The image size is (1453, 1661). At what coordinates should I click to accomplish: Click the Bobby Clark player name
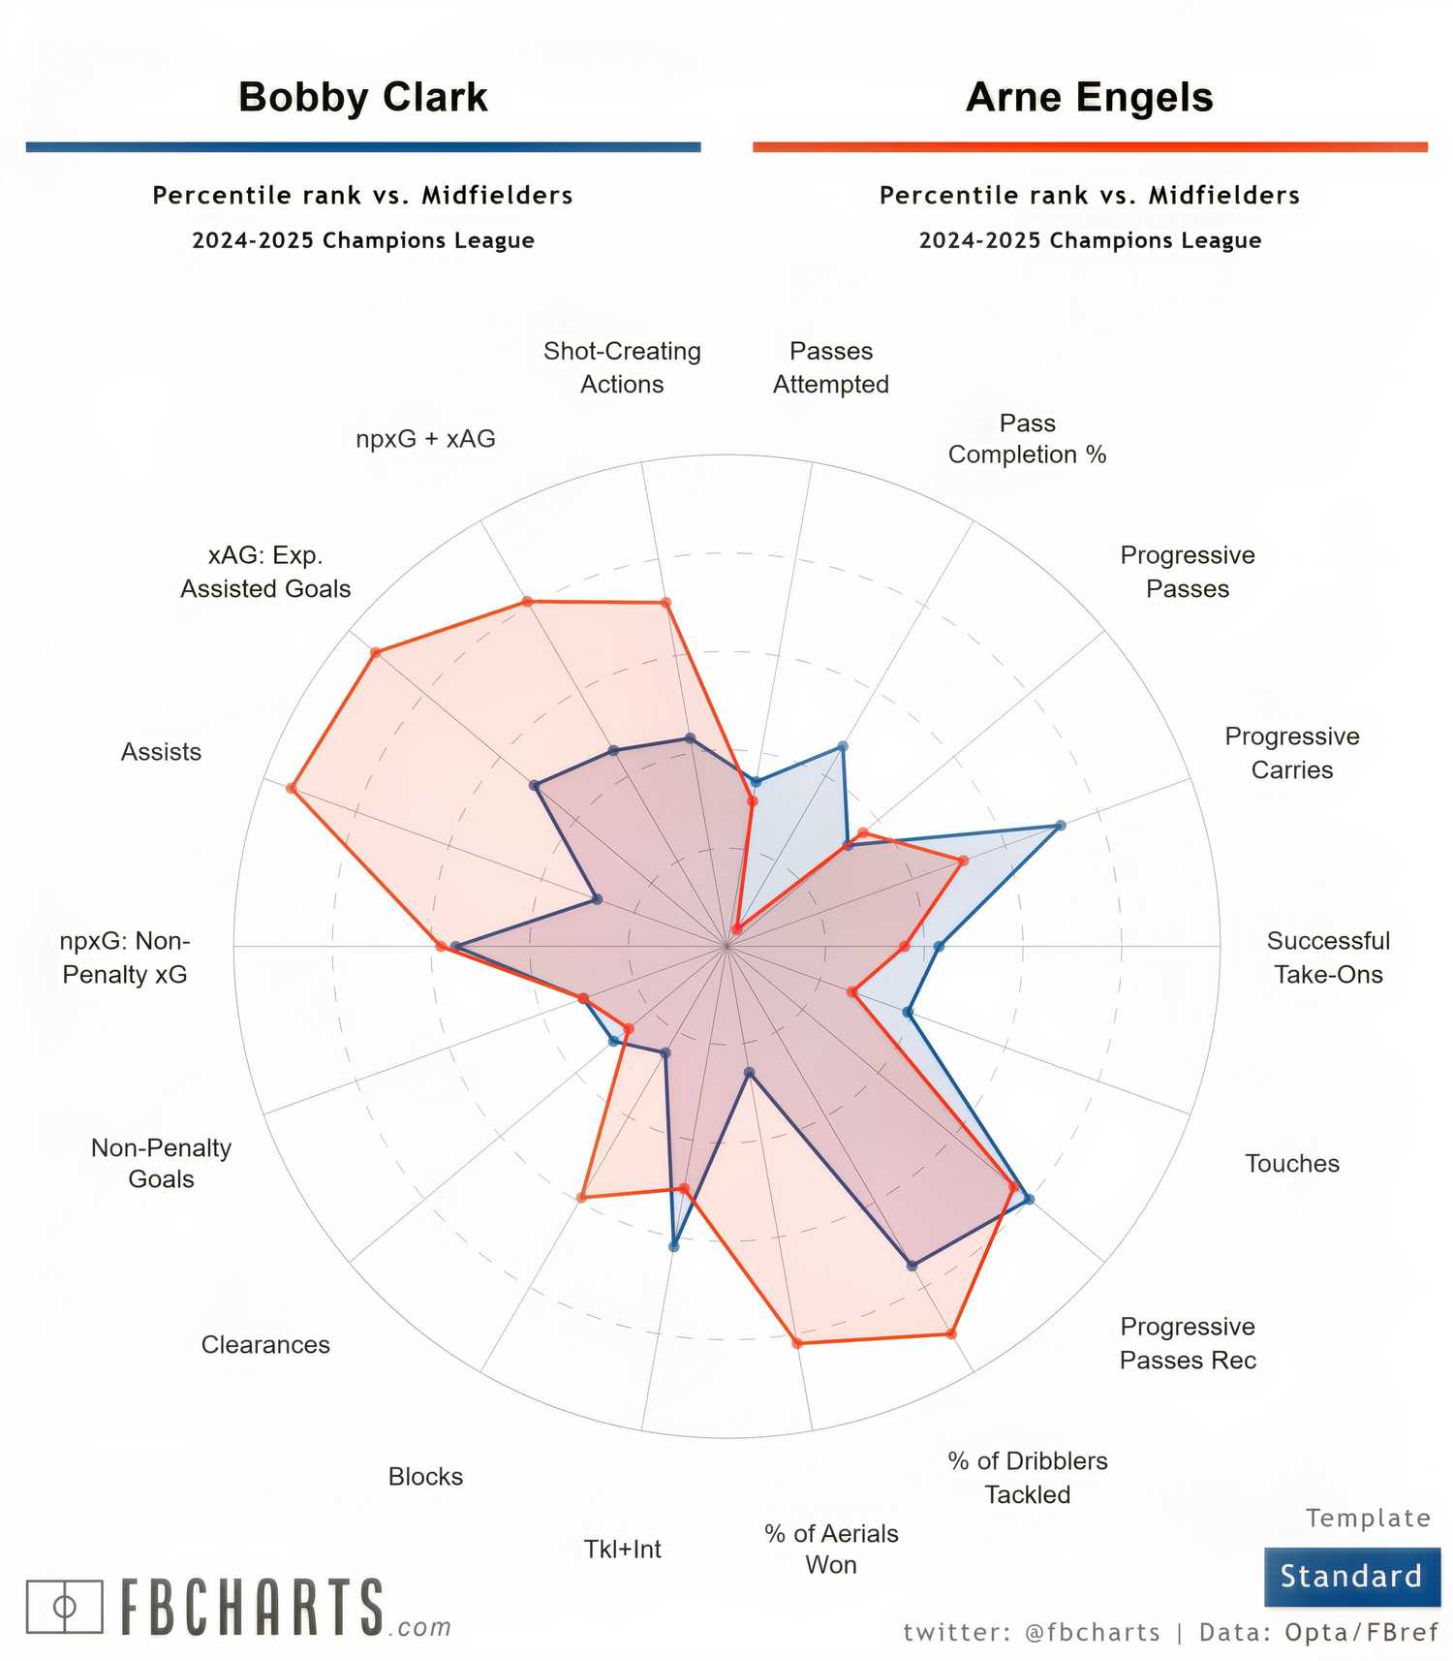362,97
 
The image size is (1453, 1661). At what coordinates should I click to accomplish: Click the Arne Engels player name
1089,97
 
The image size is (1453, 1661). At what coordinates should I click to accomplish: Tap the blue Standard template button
1351,1576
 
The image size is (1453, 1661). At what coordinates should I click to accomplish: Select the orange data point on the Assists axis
291,788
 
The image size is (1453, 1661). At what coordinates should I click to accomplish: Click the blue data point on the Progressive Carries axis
1060,825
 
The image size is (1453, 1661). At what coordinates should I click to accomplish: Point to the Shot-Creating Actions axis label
622,367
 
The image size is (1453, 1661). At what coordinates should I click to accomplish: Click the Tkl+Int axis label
622,1549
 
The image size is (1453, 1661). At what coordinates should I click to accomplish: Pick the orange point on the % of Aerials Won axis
797,1342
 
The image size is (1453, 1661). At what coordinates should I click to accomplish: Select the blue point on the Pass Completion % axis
842,747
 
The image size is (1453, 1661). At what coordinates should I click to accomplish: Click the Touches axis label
1291,1163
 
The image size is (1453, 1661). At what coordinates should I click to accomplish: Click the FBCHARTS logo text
253,1608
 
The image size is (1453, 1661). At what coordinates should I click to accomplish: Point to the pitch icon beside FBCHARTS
64,1606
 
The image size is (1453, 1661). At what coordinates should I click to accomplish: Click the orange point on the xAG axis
376,653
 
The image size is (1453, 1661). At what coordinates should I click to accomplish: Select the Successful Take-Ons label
1327,957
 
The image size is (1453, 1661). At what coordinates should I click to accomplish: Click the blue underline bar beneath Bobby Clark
362,147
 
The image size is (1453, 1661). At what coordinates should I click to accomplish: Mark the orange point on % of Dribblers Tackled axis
951,1333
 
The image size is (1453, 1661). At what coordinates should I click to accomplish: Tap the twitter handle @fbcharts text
1092,1632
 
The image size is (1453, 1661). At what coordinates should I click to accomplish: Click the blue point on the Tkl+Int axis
674,1246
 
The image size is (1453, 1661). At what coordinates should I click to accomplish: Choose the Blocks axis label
425,1476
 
